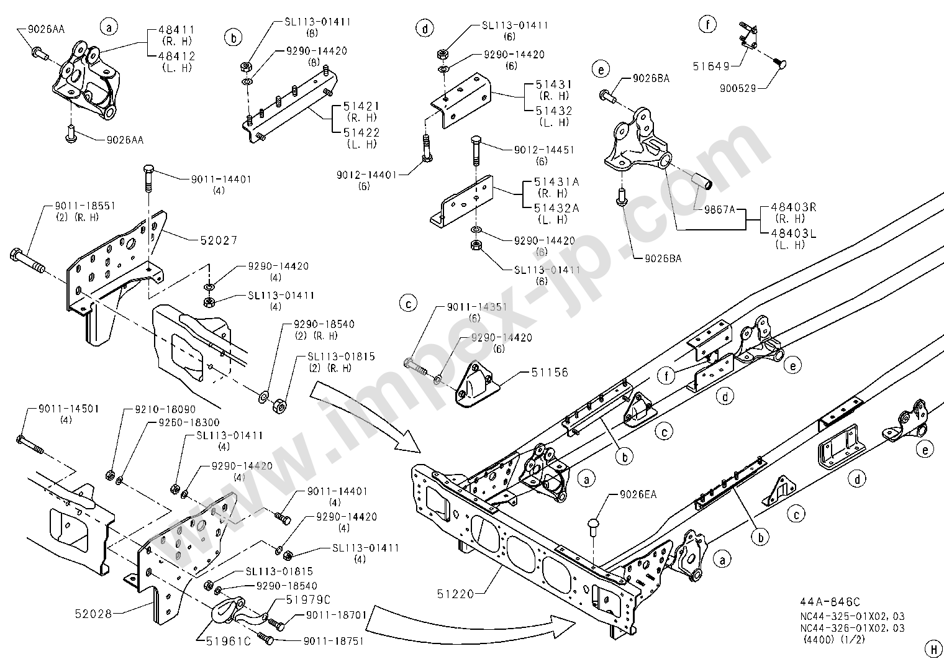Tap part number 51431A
coord(556,182)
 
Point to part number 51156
coord(549,373)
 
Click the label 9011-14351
coord(476,307)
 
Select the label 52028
coord(93,614)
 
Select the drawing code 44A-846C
coord(830,602)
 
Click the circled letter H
coord(932,647)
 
